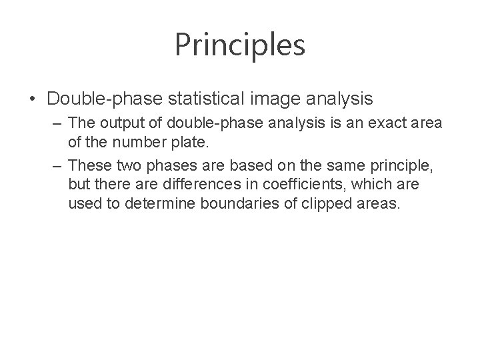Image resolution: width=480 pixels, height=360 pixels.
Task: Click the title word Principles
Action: tap(240, 45)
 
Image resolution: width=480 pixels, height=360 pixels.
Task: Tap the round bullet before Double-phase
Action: tap(33, 99)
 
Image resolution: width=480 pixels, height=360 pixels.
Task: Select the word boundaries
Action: tap(233, 202)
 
